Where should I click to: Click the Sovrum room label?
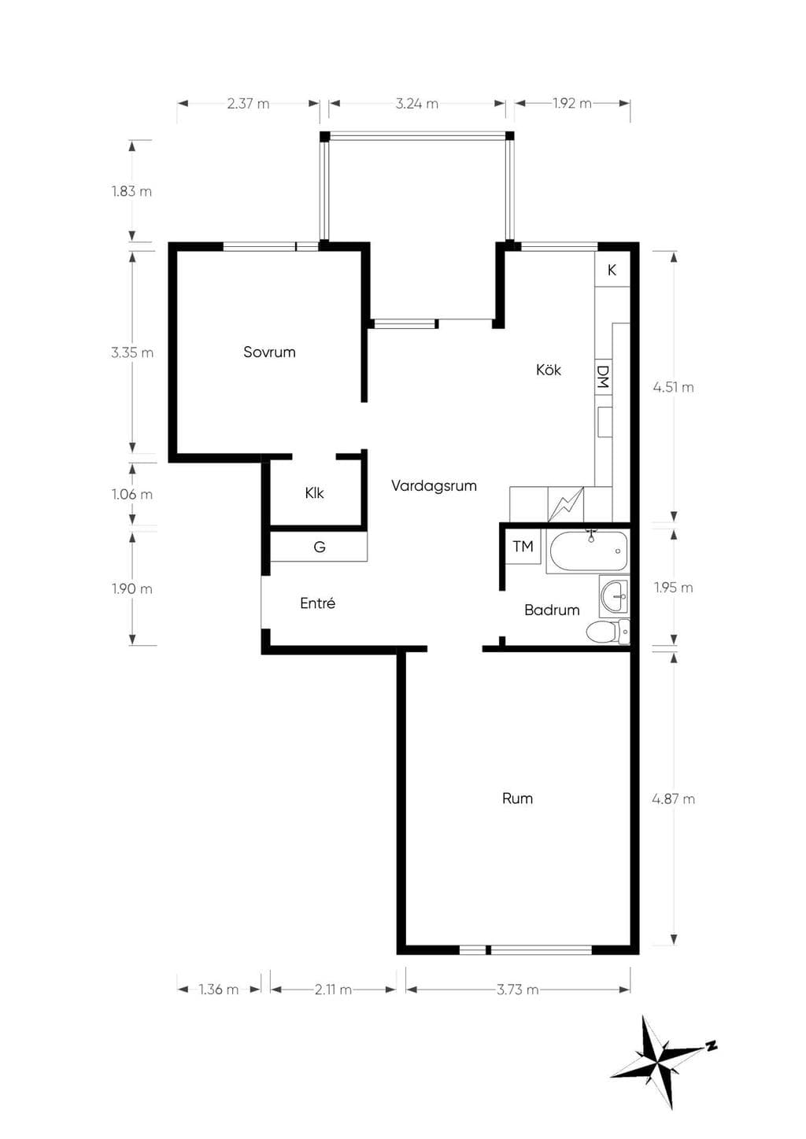click(x=269, y=352)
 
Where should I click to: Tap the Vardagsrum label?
click(x=434, y=485)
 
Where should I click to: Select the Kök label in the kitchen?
click(x=548, y=369)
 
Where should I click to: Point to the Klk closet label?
click(x=315, y=492)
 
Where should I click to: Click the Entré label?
click(x=317, y=603)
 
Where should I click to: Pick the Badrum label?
click(x=552, y=610)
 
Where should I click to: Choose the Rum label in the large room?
click(x=517, y=798)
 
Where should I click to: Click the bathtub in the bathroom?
click(x=588, y=551)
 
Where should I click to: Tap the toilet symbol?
click(x=608, y=632)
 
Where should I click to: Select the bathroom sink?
click(x=615, y=596)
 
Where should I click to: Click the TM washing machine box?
click(x=523, y=547)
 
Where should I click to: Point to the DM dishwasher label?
click(x=602, y=377)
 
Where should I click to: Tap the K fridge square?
click(x=612, y=270)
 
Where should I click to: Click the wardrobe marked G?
click(x=319, y=547)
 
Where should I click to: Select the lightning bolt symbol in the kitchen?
click(x=565, y=504)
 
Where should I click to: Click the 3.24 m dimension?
click(x=416, y=104)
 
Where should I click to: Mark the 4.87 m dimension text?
click(x=673, y=799)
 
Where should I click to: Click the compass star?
click(x=660, y=1062)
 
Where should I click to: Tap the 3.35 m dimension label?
click(x=132, y=352)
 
